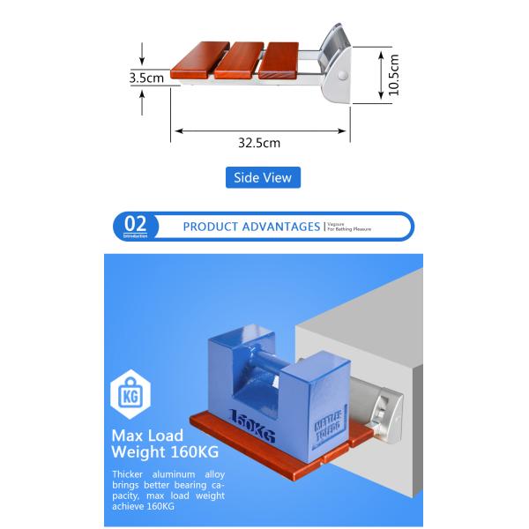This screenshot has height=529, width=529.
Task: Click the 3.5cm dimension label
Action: [146, 78]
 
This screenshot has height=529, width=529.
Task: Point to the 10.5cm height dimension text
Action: [393, 75]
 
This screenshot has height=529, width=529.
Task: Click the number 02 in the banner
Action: [137, 224]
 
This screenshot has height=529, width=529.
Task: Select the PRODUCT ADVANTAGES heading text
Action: [251, 227]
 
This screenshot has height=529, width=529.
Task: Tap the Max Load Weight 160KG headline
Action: [166, 443]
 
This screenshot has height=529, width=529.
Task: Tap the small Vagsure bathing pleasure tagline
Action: [349, 227]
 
